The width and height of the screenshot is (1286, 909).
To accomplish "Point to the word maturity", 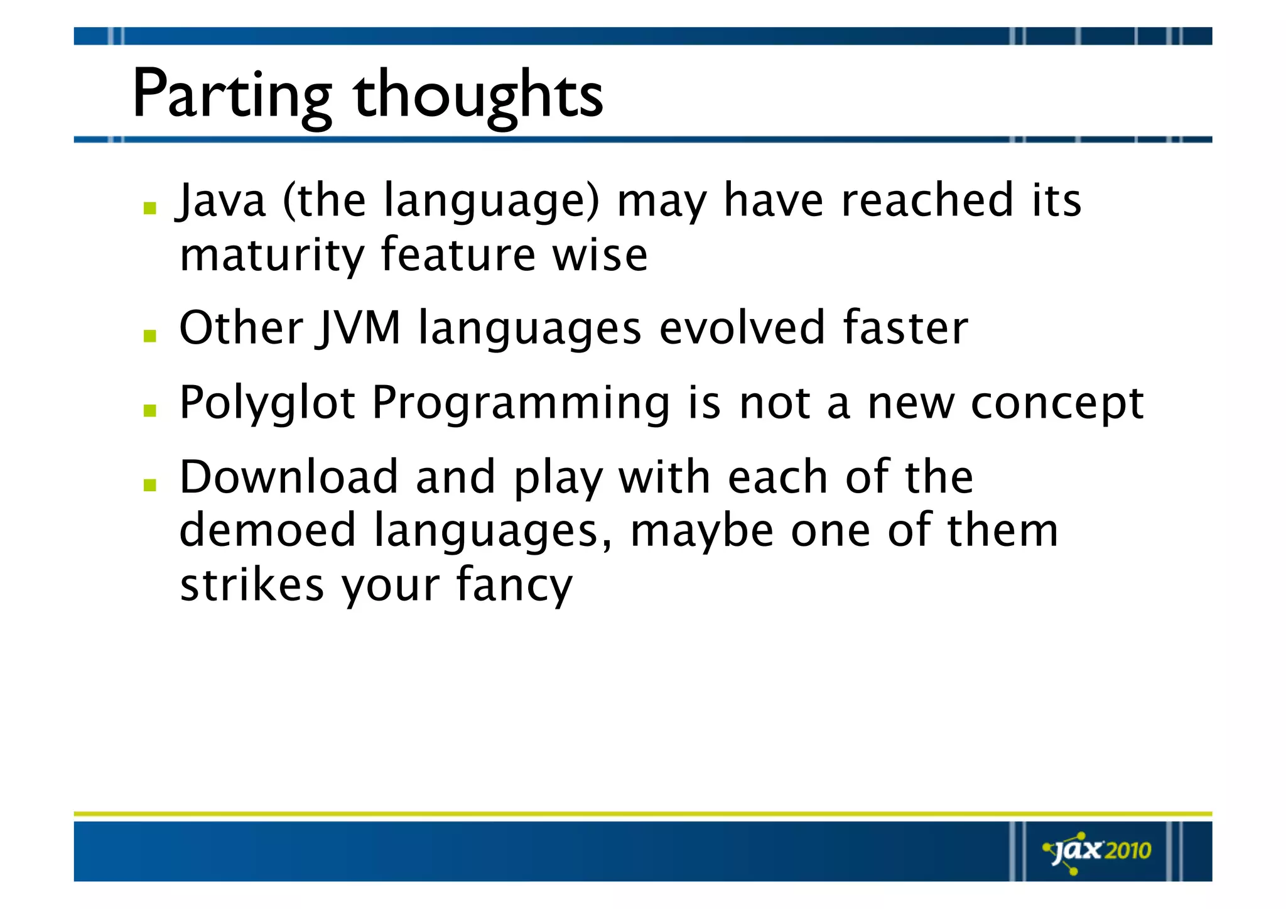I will pyautogui.click(x=271, y=256).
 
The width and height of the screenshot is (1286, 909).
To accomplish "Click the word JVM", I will pyautogui.click(x=358, y=328).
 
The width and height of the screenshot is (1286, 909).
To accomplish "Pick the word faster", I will pyautogui.click(x=905, y=328).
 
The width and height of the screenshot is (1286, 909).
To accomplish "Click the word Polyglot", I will pyautogui.click(x=267, y=403).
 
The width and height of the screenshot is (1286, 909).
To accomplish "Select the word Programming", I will pyautogui.click(x=521, y=403).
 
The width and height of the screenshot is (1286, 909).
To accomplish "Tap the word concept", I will pyautogui.click(x=1057, y=403).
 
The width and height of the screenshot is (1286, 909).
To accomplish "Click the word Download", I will pyautogui.click(x=288, y=477).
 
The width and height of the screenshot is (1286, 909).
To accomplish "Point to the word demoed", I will pyautogui.click(x=267, y=531).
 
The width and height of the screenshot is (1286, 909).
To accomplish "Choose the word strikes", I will pyautogui.click(x=251, y=584).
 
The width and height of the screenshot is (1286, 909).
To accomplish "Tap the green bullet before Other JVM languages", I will pyautogui.click(x=149, y=336).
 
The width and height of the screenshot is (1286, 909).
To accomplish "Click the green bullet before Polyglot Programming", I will pyautogui.click(x=149, y=411).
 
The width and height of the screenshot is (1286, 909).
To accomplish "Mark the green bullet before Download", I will pyautogui.click(x=149, y=485).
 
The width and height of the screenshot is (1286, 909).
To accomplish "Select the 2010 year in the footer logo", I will pyautogui.click(x=1128, y=851).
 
